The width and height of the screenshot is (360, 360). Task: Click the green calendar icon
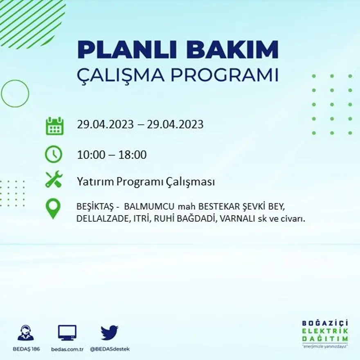(54, 126)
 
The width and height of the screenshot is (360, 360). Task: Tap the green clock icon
(54, 154)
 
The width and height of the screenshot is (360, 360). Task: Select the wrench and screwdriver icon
(54, 180)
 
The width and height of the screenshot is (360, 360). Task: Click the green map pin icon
(53, 208)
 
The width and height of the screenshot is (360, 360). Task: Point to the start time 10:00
(92, 155)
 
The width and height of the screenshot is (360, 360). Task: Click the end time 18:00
(132, 155)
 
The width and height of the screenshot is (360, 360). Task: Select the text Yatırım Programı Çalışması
(146, 182)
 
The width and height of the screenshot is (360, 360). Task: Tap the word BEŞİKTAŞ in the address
(93, 206)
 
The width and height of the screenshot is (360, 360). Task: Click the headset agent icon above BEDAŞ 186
(26, 333)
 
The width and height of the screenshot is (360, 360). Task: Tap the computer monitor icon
(67, 333)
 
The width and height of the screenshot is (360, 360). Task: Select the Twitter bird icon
(109, 333)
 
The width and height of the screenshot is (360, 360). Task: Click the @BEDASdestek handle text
(109, 349)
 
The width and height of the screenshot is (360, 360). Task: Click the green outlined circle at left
(15, 93)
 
